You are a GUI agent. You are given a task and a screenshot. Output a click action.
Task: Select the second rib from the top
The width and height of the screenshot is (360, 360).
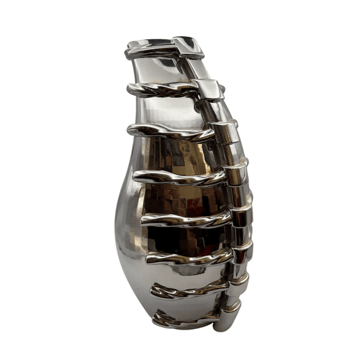click(x=162, y=88)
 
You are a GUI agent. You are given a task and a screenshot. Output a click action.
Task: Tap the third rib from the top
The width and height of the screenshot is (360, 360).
click(x=169, y=132)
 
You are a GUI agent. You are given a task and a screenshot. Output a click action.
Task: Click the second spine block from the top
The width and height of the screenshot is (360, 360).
click(x=209, y=88)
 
